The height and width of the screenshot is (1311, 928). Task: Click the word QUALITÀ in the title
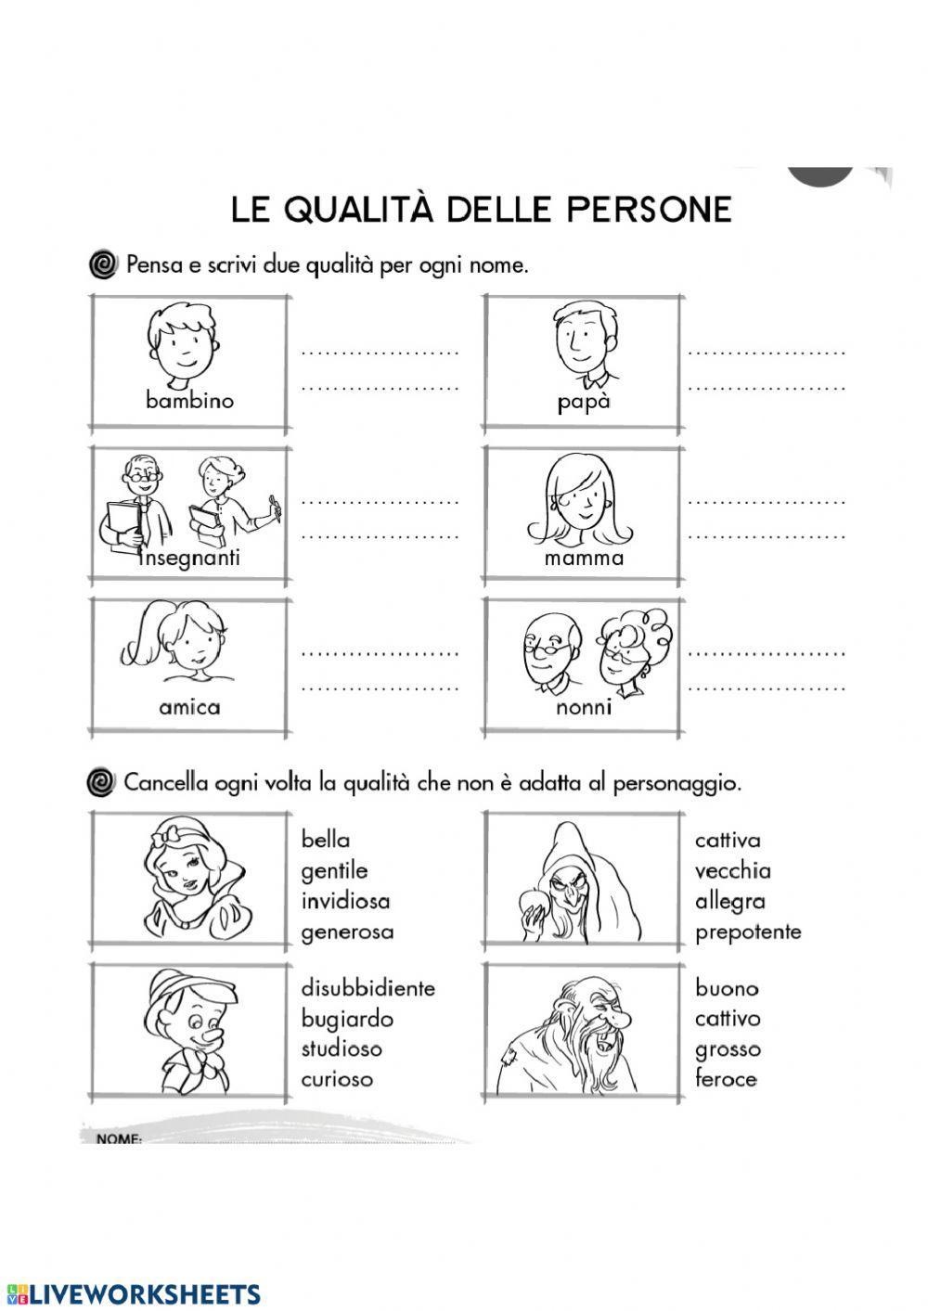358,209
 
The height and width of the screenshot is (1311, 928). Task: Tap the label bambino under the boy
189,401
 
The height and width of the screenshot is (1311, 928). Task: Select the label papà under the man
584,403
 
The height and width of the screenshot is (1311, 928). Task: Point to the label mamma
584,558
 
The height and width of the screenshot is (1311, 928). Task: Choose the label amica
189,707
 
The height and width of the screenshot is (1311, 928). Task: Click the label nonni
584,707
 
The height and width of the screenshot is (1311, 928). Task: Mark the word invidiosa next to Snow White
345,901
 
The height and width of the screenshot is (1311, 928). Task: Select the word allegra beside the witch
729,901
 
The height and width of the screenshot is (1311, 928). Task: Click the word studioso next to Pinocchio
341,1048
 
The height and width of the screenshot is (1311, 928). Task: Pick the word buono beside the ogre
727,989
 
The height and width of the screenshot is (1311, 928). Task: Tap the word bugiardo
346,1019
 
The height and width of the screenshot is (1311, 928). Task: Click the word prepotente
747,932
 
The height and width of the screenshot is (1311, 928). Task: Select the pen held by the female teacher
274,506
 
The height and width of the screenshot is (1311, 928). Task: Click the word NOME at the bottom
118,1138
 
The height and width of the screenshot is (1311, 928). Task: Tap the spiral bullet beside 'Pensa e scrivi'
103,265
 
